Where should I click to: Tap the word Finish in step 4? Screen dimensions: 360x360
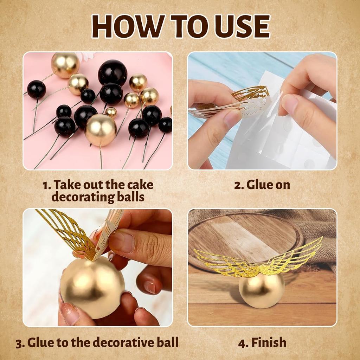click(x=269, y=342)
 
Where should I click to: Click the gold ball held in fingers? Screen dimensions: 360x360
click(x=92, y=287)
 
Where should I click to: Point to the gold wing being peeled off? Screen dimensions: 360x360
click(x=250, y=92)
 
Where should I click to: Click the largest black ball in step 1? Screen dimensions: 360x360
click(x=112, y=72)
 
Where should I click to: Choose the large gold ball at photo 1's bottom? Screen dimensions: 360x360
click(x=101, y=130)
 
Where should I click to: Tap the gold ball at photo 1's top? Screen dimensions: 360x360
click(x=65, y=65)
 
